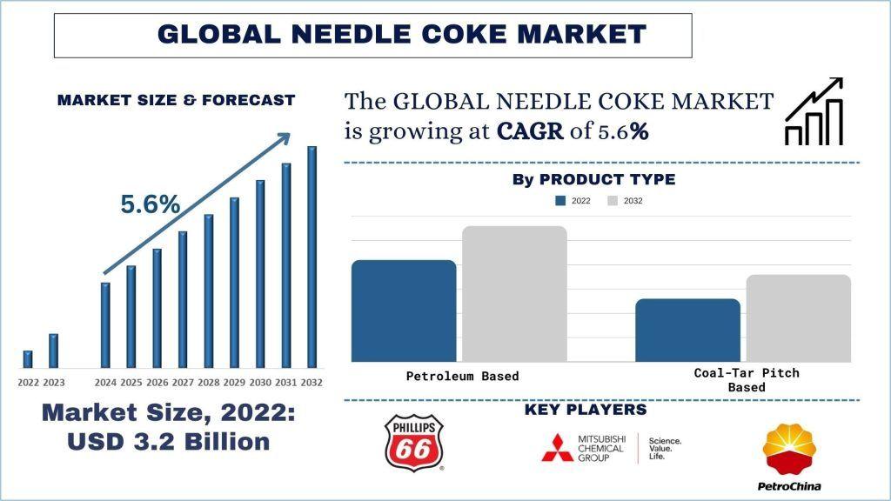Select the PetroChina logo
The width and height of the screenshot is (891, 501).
pyautogui.click(x=791, y=457)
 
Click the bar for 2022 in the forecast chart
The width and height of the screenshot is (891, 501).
pyautogui.click(x=28, y=358)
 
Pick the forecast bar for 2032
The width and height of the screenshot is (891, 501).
pyautogui.click(x=312, y=257)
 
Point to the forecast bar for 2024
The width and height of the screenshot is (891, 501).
pyautogui.click(x=105, y=324)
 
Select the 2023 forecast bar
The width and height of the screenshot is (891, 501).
pyautogui.click(x=53, y=350)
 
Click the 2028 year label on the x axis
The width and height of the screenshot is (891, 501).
pyautogui.click(x=209, y=382)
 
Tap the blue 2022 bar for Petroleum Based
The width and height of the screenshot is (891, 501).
pyautogui.click(x=403, y=311)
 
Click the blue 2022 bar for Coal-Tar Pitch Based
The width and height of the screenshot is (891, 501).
pyautogui.click(x=687, y=330)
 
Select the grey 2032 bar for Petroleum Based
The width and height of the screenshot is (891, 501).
pyautogui.click(x=514, y=293)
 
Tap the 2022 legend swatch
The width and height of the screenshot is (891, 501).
pyautogui.click(x=562, y=201)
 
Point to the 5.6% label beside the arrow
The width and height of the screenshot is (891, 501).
pyautogui.click(x=150, y=205)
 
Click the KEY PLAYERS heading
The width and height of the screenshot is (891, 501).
pyautogui.click(x=586, y=410)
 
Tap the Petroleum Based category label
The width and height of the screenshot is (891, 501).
pyautogui.click(x=462, y=377)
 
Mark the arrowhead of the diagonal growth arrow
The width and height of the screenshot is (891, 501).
pyautogui.click(x=284, y=139)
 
